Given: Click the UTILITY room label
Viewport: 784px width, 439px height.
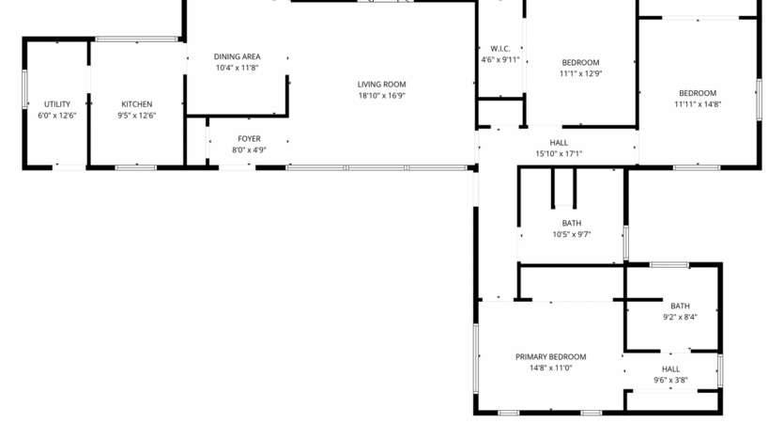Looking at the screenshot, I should pos(57,104).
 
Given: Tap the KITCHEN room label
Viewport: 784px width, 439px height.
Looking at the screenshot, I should pos(137,104).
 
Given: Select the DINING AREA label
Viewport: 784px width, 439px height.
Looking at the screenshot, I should pos(237,56).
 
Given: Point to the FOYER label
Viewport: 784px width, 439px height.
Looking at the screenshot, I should pos(249,138).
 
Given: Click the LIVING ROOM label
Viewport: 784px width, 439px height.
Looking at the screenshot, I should pos(381,85).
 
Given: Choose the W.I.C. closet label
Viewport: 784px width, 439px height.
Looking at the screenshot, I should pos(500,49).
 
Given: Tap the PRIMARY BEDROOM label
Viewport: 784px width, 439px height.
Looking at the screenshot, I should pos(550,357).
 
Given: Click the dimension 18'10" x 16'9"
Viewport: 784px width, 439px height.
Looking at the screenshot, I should pos(381,95).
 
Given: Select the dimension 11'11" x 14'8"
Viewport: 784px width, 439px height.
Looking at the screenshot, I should pos(698,103).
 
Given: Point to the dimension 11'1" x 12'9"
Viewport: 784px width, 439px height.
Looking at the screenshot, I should pos(580,73).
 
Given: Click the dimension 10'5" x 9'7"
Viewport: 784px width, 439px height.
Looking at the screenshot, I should pos(571,233).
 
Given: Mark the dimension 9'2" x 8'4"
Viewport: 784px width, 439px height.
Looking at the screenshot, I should pos(680,317).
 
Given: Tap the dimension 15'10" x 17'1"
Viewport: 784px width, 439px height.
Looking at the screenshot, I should pos(559,153).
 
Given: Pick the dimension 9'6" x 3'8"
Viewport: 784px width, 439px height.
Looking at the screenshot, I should pos(670,380).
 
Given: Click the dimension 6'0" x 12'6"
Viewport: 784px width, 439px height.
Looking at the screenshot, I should pos(57,115).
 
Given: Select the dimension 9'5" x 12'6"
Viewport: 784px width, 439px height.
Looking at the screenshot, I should pos(137,115).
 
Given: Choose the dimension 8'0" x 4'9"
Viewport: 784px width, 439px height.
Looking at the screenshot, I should pos(249,149).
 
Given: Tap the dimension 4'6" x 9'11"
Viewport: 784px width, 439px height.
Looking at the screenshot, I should pos(500,59).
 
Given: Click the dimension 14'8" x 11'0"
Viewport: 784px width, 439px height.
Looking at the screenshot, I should pos(550,368).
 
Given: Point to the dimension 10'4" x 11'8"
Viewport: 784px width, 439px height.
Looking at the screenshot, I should pos(237,68).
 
